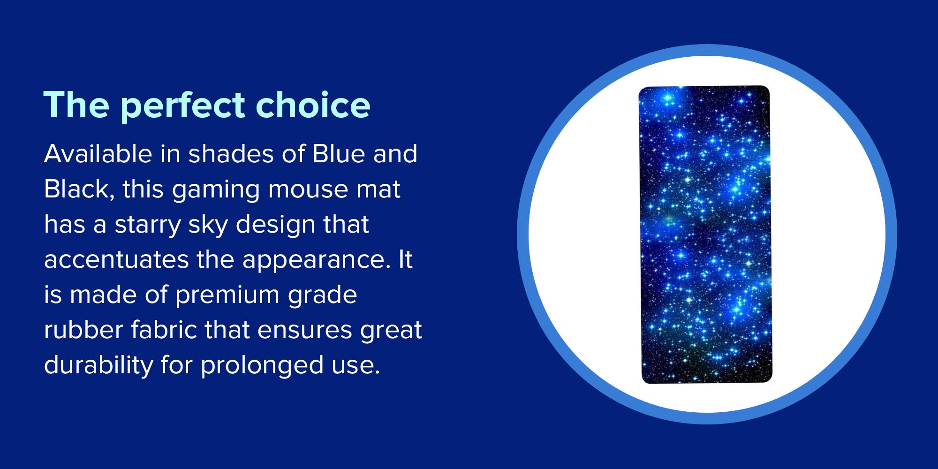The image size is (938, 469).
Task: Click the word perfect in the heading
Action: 183,107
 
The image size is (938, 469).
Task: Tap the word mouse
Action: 308,189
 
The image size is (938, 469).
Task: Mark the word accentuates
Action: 116,260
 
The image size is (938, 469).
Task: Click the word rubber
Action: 83,330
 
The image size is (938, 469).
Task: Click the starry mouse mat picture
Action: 705,234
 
